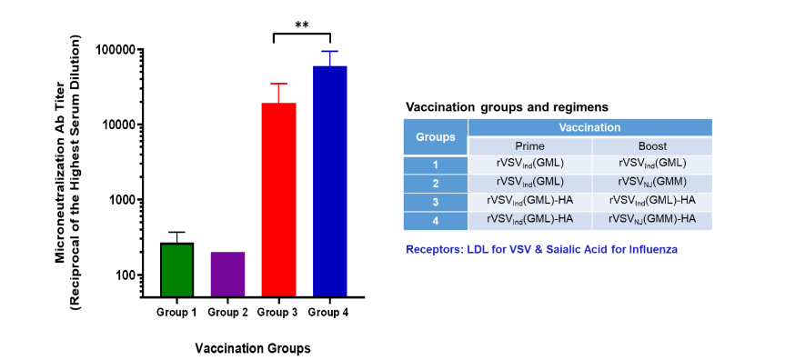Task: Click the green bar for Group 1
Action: (176, 270)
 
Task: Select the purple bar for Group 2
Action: (227, 275)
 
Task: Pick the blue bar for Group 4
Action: (329, 182)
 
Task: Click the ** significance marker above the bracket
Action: (301, 25)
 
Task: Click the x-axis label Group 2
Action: (227, 313)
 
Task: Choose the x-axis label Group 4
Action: (329, 313)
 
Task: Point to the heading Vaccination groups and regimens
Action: (507, 106)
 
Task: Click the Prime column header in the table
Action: (529, 146)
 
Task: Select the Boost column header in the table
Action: (651, 146)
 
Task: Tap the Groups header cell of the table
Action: (435, 137)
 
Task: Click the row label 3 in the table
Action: (435, 201)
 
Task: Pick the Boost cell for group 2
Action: (651, 182)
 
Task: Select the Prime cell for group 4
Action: (529, 219)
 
